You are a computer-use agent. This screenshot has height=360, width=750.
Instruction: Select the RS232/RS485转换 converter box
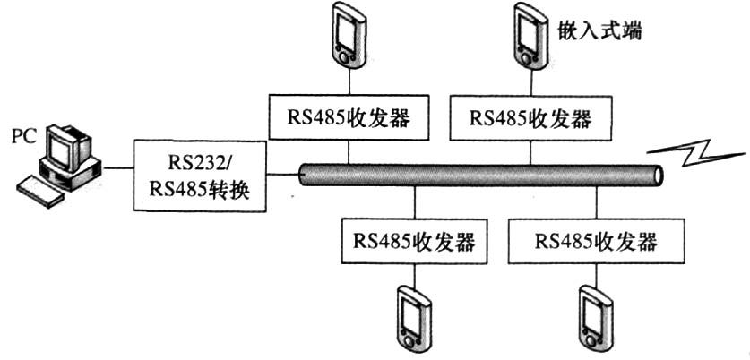coord(200,175)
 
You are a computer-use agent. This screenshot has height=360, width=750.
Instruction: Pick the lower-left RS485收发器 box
coord(415,241)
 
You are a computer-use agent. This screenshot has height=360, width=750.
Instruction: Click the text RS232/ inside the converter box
coord(198,162)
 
